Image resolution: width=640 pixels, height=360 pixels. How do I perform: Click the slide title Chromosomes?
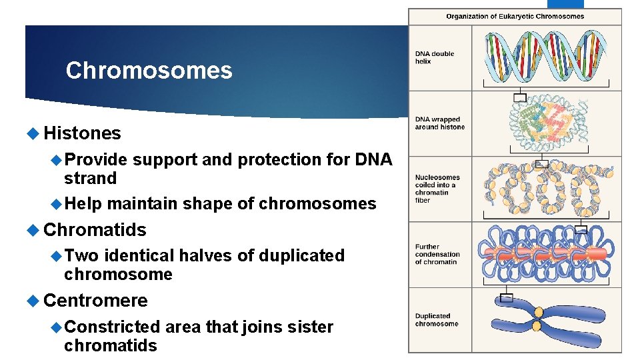click(149, 71)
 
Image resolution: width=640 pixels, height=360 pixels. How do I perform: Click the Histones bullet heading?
click(82, 133)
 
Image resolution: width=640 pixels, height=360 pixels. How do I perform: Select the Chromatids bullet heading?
click(94, 230)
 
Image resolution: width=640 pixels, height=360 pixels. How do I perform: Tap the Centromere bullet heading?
click(95, 300)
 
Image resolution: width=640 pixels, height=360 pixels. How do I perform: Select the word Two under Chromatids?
click(81, 255)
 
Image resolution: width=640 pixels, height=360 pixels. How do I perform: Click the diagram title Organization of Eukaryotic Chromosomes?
click(515, 17)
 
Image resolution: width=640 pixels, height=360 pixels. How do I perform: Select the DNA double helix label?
click(434, 57)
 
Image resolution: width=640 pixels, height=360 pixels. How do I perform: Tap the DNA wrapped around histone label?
click(439, 123)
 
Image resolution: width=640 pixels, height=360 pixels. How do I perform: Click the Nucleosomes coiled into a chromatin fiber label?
click(437, 189)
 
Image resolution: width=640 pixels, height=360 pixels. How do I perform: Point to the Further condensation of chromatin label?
click(437, 254)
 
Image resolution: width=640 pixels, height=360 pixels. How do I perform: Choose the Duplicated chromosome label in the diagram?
click(436, 320)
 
